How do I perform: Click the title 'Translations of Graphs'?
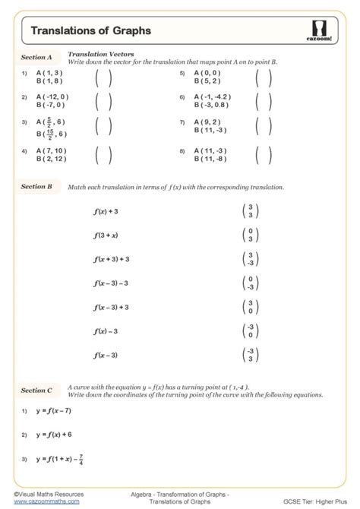[90, 31]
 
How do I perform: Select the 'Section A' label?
[36, 57]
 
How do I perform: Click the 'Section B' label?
[36, 186]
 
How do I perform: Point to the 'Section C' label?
[36, 390]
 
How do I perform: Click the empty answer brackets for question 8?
[264, 155]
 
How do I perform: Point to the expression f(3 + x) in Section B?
[106, 236]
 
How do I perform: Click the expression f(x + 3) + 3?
[112, 259]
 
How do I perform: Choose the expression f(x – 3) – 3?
[112, 283]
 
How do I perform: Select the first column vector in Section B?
[246, 212]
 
